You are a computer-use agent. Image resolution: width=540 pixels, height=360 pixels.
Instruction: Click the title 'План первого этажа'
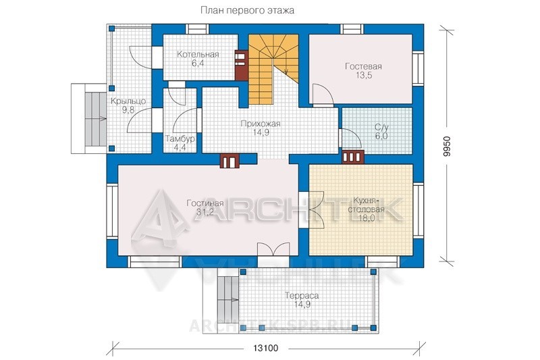(x=247, y=11)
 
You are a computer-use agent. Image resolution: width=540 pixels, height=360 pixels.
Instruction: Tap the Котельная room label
(x=198, y=55)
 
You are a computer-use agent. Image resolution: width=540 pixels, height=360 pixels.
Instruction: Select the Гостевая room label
(x=363, y=66)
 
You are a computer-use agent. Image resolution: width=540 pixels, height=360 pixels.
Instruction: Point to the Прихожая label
(x=261, y=124)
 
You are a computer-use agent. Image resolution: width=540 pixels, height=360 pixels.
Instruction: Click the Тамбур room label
(x=180, y=139)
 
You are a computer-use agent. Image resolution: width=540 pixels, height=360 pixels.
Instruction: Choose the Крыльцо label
(x=128, y=101)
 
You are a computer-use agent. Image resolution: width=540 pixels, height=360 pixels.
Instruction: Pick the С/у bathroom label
(x=381, y=127)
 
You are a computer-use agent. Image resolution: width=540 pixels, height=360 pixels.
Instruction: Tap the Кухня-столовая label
(x=366, y=205)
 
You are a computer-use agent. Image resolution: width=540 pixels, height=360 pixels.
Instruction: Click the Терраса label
(x=302, y=296)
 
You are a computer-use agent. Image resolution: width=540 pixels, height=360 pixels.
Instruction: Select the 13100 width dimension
(x=266, y=349)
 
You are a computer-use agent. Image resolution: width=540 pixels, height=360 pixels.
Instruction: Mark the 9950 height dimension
(x=447, y=147)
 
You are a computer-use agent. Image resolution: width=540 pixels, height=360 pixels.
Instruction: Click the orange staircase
(x=273, y=68)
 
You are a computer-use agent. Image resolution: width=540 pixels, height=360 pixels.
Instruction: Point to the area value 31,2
(x=205, y=212)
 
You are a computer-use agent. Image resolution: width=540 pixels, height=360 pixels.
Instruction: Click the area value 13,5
(x=364, y=76)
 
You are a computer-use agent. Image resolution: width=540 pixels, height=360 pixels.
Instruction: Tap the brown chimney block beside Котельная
(x=242, y=65)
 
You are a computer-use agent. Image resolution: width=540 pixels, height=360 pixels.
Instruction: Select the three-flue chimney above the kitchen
(x=353, y=157)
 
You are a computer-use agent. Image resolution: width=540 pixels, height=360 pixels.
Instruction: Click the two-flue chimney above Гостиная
(x=230, y=161)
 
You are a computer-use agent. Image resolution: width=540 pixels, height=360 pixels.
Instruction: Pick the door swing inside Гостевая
(x=323, y=93)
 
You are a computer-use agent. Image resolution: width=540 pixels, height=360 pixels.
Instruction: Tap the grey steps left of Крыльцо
(x=94, y=118)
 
